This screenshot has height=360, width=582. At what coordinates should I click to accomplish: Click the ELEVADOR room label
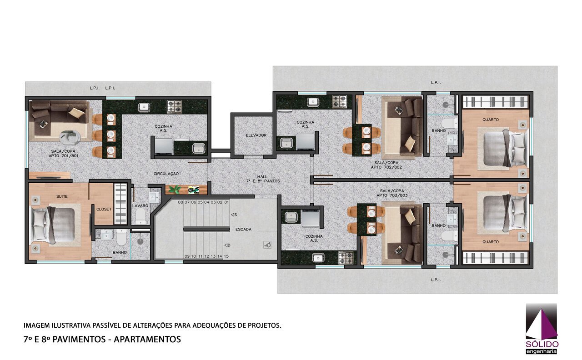click(x=256, y=135)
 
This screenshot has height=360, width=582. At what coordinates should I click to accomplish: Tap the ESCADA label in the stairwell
click(x=243, y=230)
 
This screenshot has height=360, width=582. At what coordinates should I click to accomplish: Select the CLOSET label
click(x=104, y=209)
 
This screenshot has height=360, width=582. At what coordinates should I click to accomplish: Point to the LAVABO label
click(x=140, y=206)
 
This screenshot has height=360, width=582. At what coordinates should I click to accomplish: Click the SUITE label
click(x=62, y=196)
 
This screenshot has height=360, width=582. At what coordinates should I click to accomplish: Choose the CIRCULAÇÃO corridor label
click(x=166, y=174)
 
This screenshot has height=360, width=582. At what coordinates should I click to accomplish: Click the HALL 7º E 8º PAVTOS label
click(x=263, y=179)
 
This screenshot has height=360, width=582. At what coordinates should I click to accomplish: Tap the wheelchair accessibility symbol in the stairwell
click(x=267, y=245)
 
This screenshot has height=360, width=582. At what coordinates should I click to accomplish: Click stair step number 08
click(x=181, y=202)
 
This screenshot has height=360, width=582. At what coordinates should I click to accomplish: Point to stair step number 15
click(x=226, y=256)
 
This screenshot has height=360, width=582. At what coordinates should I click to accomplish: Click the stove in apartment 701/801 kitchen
click(x=174, y=107)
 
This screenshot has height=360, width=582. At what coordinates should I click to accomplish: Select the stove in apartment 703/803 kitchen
click(x=346, y=258)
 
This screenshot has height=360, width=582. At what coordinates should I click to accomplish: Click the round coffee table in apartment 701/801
click(x=70, y=137)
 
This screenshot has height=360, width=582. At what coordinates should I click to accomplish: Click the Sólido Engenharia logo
click(x=542, y=329)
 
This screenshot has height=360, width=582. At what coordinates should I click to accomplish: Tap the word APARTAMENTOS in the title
click(x=147, y=339)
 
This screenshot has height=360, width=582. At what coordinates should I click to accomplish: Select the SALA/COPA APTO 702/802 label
click(x=386, y=165)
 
